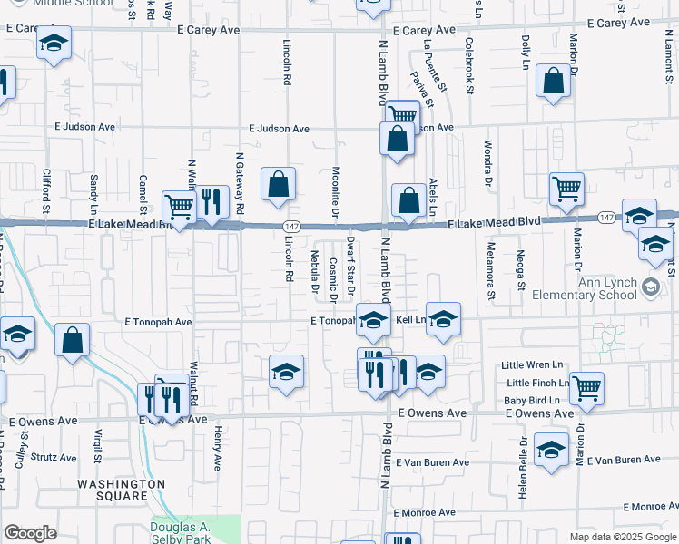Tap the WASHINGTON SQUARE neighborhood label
[x=122, y=490]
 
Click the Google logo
[x=30, y=533]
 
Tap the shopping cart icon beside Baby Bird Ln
[x=586, y=387]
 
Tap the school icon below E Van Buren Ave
[x=551, y=451]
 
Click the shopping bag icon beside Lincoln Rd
[x=279, y=184]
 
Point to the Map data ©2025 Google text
[x=623, y=537]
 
